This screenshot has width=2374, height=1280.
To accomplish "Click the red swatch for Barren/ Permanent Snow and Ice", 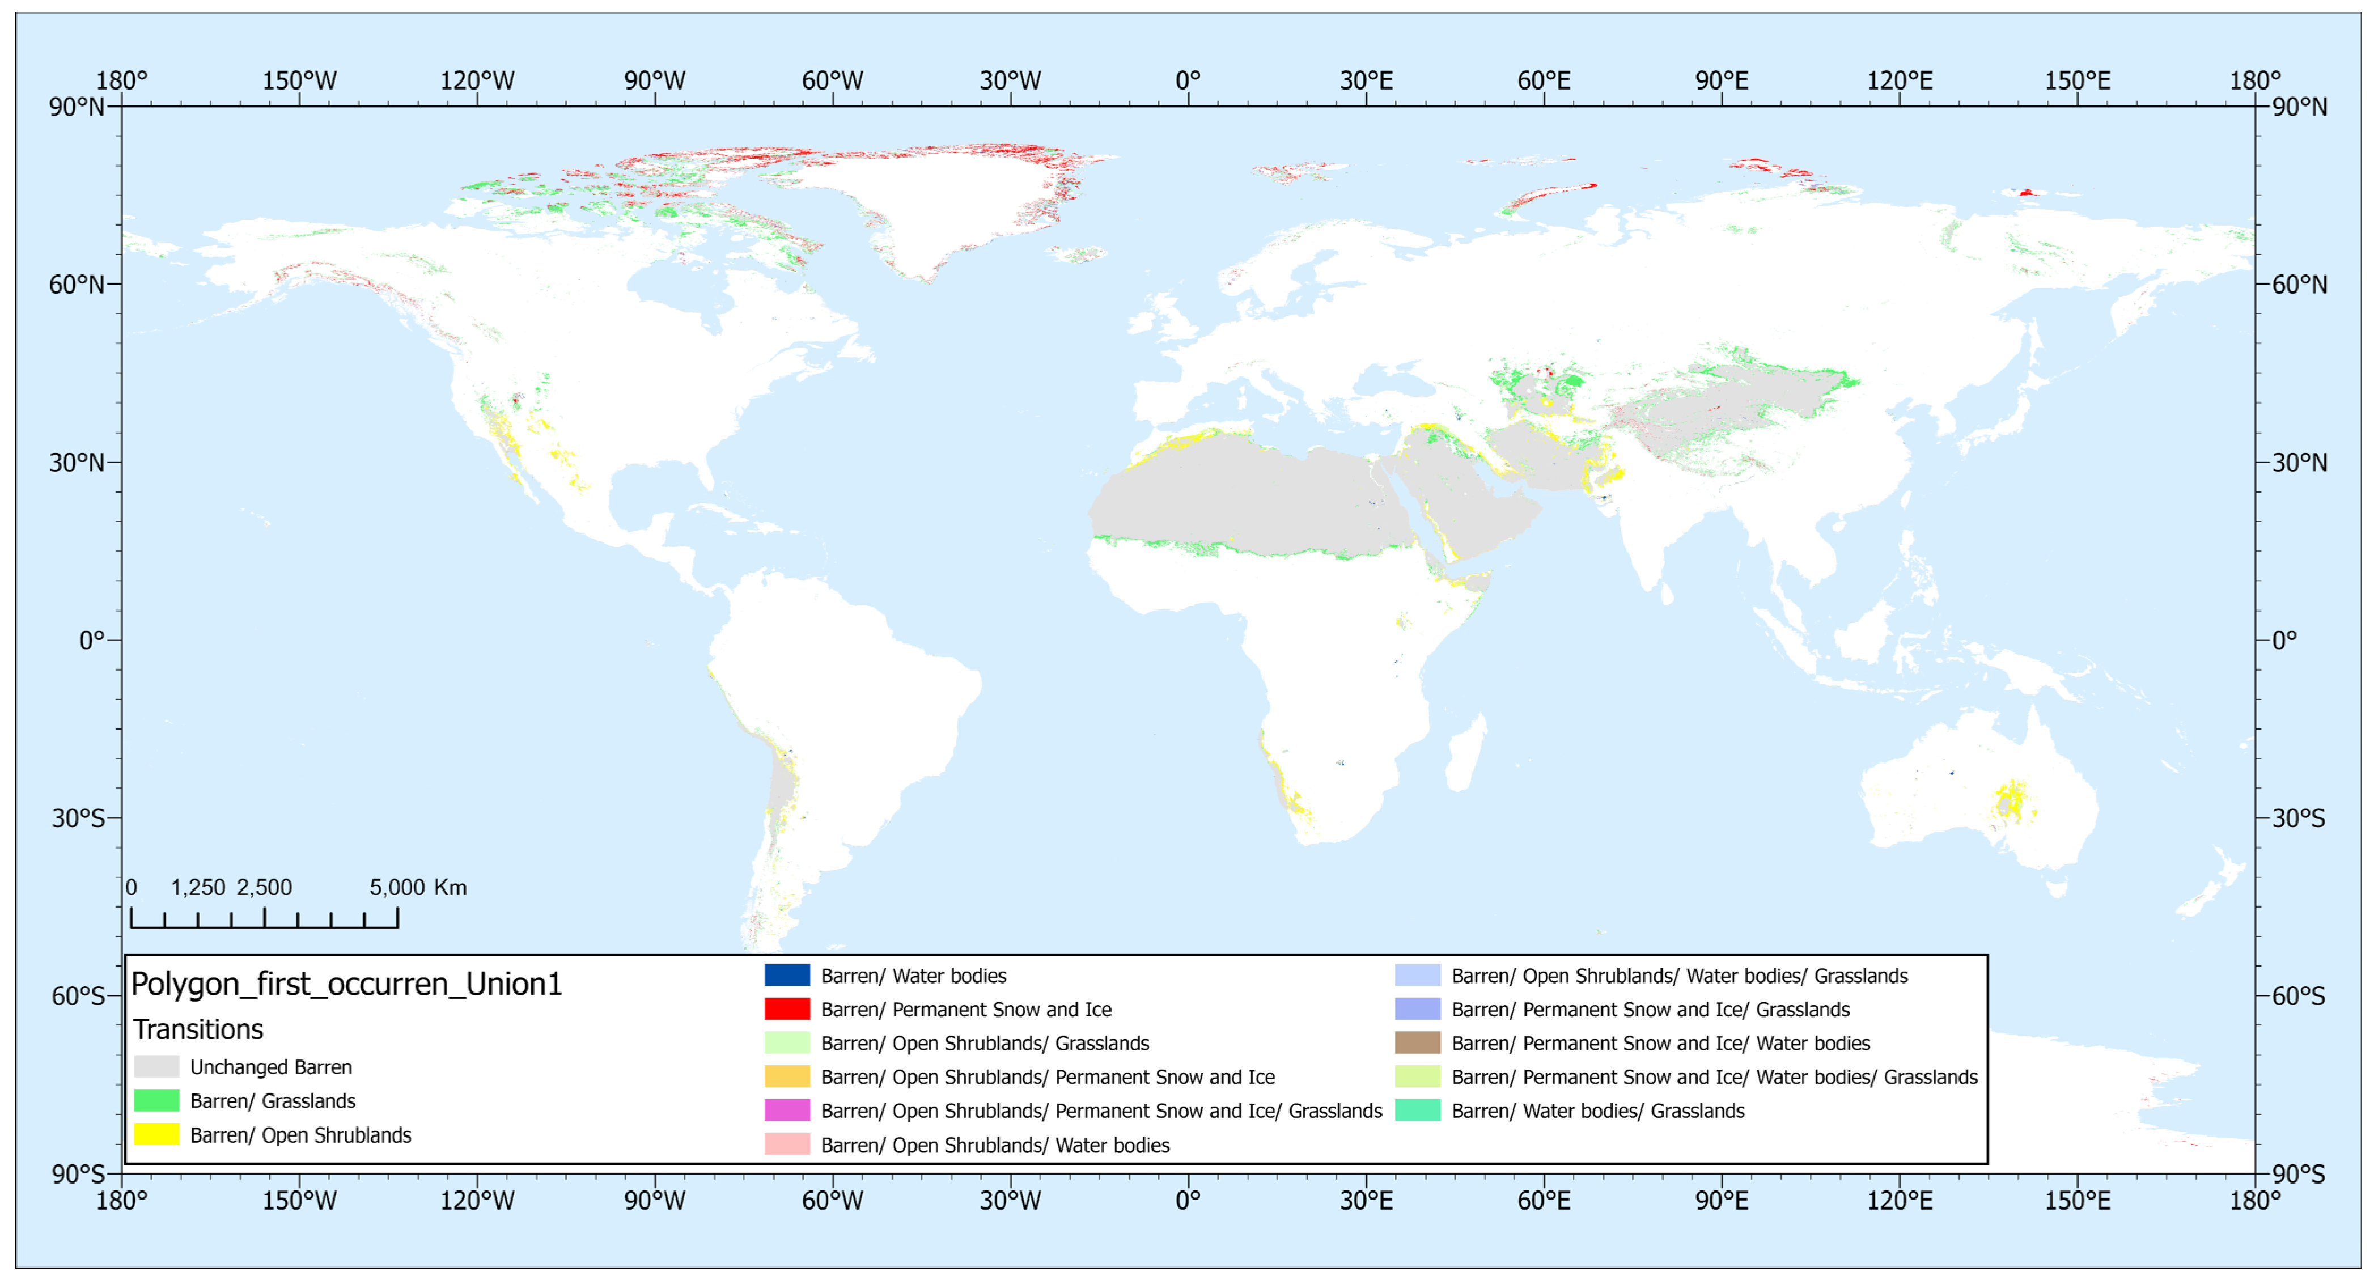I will (x=786, y=1009).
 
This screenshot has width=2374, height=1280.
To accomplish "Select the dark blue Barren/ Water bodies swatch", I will (x=786, y=975).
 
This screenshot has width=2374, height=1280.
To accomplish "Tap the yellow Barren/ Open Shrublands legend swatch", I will (x=156, y=1134).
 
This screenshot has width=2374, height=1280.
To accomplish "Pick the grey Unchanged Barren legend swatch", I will (x=156, y=1066).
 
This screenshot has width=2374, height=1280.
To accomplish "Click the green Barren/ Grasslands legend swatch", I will (x=156, y=1100).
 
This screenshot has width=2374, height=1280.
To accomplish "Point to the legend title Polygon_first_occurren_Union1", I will (x=346, y=984).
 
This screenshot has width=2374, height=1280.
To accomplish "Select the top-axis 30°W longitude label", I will (x=1010, y=81).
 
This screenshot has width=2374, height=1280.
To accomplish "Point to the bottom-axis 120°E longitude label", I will (x=1900, y=1200).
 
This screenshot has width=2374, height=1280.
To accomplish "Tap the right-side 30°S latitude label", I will (x=2299, y=817).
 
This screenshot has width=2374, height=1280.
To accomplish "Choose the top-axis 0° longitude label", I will (x=1188, y=81).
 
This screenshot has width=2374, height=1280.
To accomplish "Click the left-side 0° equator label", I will (x=91, y=639).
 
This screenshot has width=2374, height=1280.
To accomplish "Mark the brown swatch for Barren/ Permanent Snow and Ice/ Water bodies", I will (x=1417, y=1043).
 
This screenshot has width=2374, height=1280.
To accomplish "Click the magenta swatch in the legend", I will (x=786, y=1111).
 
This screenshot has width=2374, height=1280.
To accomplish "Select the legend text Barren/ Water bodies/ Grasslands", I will (x=1597, y=1111).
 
